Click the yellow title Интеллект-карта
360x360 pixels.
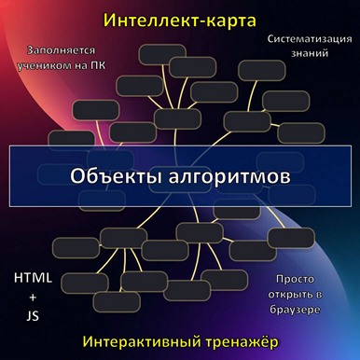180,19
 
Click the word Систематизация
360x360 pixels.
302,40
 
